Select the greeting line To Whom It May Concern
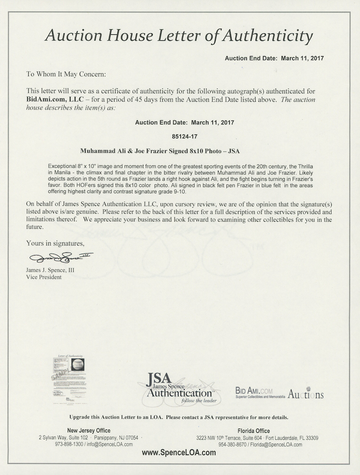tap(66, 74)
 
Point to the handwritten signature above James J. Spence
tap(61, 257)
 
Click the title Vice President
tap(44, 277)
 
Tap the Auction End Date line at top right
tap(274, 58)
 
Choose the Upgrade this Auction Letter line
tap(179, 417)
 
